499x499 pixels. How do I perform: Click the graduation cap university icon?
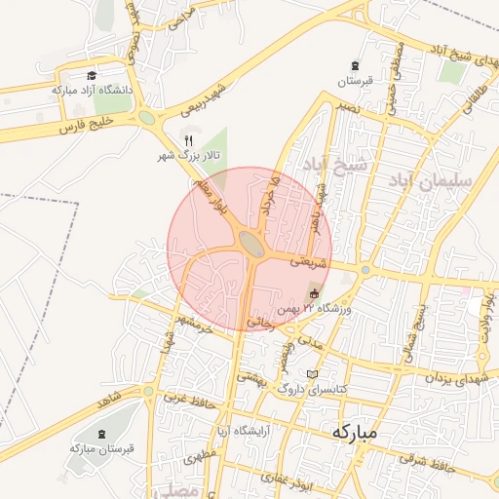92,75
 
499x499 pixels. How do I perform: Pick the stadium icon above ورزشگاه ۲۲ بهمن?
314,293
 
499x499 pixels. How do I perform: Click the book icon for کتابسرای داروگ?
312,374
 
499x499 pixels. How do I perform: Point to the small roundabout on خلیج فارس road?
147,118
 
